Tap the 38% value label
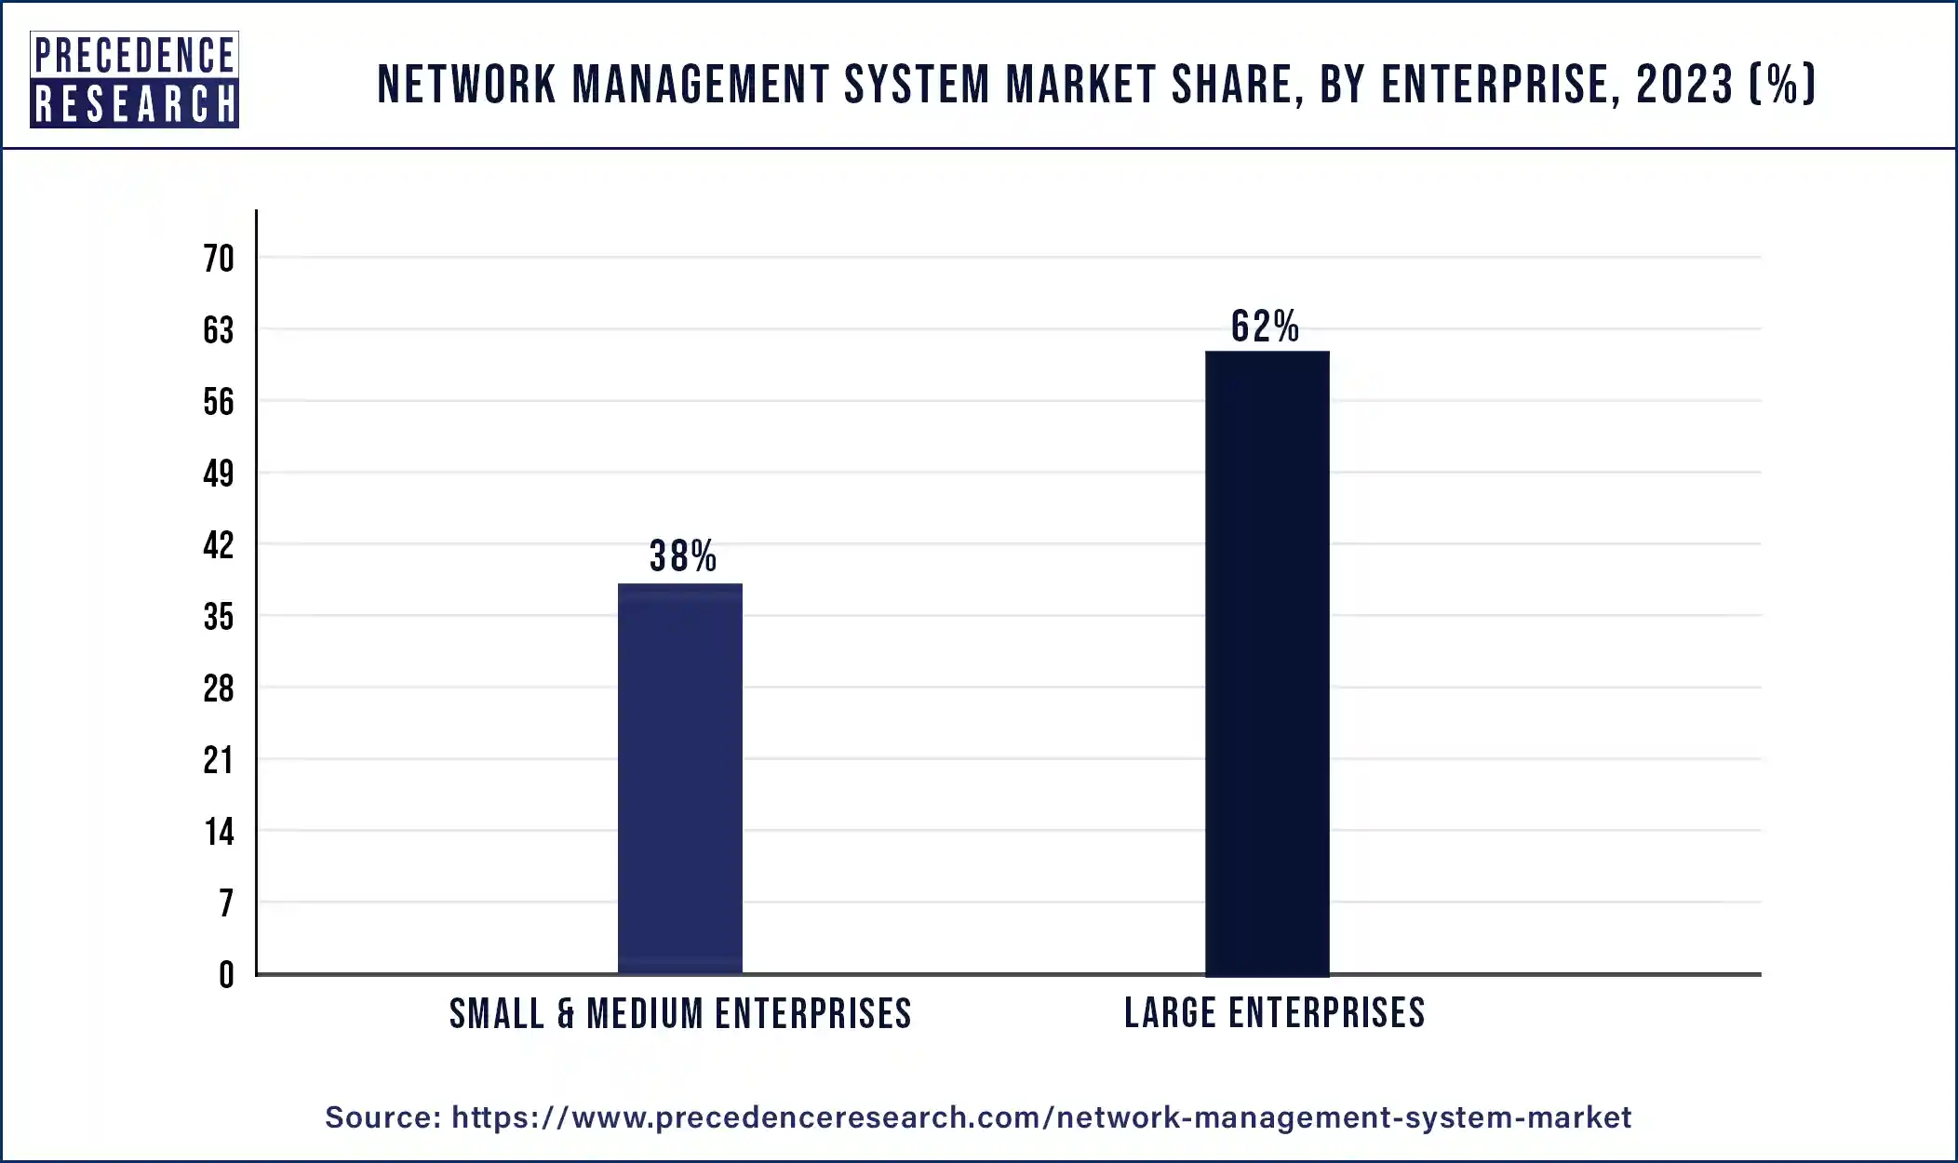pyautogui.click(x=683, y=556)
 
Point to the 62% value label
pyautogui.click(x=1265, y=327)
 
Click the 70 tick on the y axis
pyautogui.click(x=219, y=259)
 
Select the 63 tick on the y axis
pyautogui.click(x=219, y=330)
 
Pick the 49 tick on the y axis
pyautogui.click(x=219, y=474)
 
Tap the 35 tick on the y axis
pyautogui.click(x=219, y=617)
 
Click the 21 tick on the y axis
pyautogui.click(x=219, y=760)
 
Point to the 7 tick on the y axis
pyautogui.click(x=225, y=903)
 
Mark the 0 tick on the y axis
pyautogui.click(x=226, y=975)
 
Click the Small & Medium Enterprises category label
pyautogui.click(x=680, y=1013)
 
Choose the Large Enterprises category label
pyautogui.click(x=1274, y=1012)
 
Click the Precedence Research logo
pyautogui.click(x=135, y=79)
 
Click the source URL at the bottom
pyautogui.click(x=1040, y=1117)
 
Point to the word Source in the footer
pyautogui.click(x=382, y=1117)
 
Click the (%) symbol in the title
pyautogui.click(x=1782, y=85)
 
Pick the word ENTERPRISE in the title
pyautogui.click(x=1495, y=85)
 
